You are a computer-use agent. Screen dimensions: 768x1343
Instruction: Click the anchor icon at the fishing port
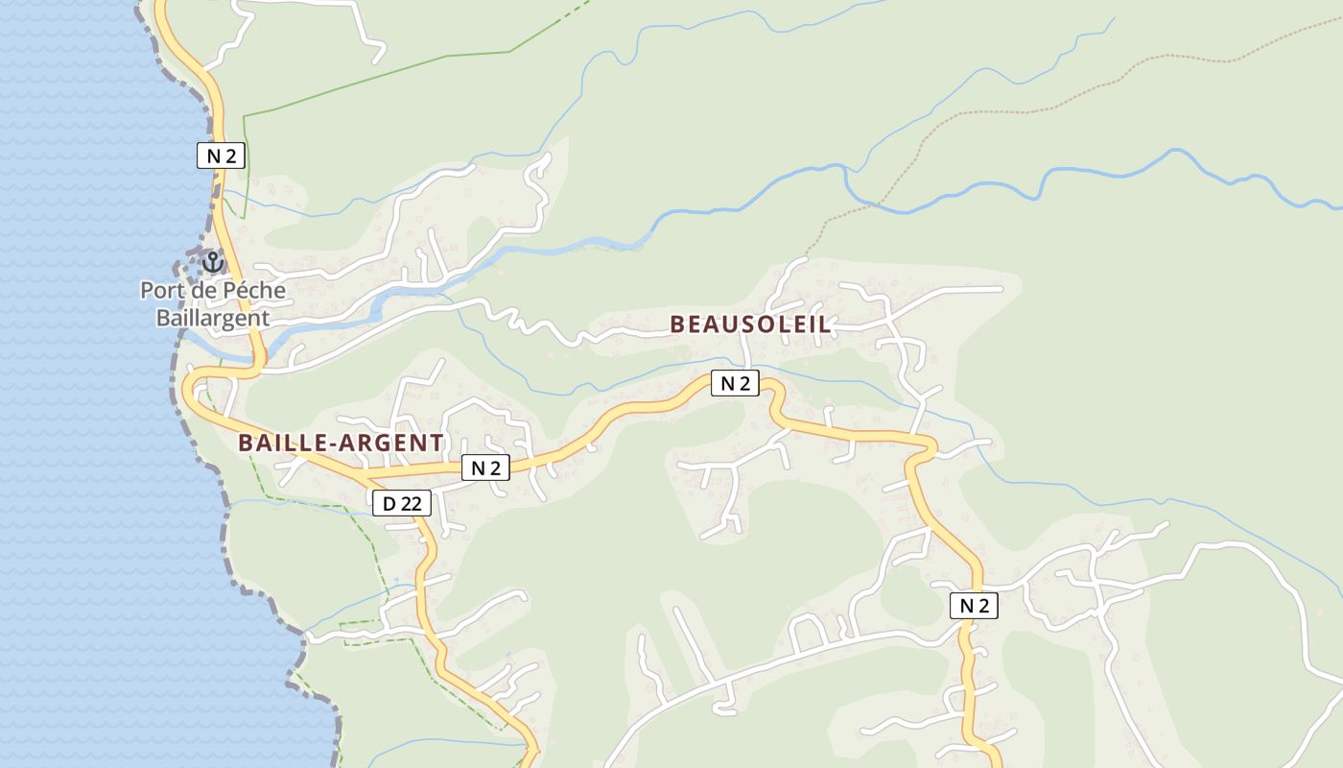(213, 261)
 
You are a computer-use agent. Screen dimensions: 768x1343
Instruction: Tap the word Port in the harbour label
(162, 290)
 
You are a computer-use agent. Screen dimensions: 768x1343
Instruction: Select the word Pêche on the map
(255, 290)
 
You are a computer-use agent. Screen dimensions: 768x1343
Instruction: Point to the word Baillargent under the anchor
(213, 317)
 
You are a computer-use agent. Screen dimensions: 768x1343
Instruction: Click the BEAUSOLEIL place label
(750, 324)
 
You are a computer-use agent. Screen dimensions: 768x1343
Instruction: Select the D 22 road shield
(402, 502)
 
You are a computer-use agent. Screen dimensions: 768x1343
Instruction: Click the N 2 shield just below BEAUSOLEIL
(735, 383)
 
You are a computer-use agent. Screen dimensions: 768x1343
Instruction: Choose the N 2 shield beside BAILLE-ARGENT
(485, 468)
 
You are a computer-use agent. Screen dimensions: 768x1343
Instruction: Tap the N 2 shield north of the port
(221, 156)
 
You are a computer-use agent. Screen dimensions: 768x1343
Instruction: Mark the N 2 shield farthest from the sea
(974, 605)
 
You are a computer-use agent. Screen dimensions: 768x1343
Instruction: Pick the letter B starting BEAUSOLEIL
(677, 324)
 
